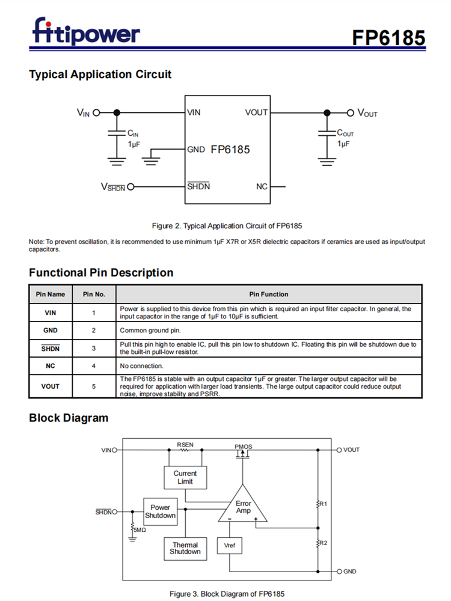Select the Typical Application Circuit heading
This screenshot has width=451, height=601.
pos(100,75)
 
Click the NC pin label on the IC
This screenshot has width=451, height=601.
pos(262,187)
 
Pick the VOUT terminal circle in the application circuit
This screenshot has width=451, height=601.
pos(351,112)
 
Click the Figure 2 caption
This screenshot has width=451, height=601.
pos(227,226)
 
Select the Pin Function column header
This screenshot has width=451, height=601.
pos(269,294)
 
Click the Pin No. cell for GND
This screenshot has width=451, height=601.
pos(94,331)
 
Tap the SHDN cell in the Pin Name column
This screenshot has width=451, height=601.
pos(51,348)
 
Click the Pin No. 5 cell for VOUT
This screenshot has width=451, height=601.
pos(94,386)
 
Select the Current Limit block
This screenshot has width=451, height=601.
pos(185,477)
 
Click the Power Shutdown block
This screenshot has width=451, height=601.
pos(161,511)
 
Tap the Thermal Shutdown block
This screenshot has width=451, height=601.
pos(185,548)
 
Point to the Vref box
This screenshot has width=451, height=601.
pos(229,545)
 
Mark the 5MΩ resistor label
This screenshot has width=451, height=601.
pos(140,530)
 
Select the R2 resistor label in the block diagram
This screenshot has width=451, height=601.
pos(323,543)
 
